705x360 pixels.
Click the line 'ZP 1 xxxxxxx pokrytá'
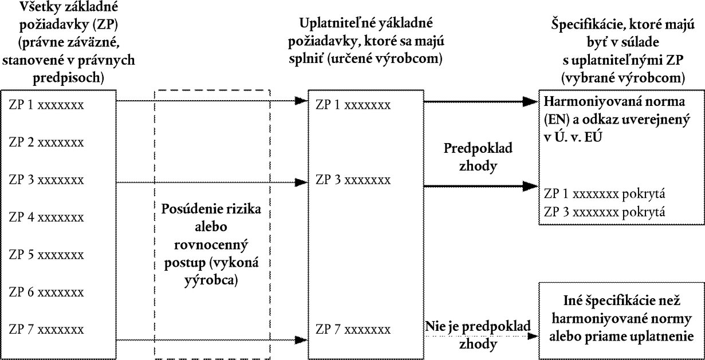click(605, 193)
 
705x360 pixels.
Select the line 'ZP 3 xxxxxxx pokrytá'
click(605, 212)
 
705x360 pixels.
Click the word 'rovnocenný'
click(211, 245)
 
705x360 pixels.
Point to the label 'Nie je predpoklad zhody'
click(478, 335)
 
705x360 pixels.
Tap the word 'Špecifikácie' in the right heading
click(588, 25)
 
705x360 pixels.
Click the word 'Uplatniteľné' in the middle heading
click(336, 23)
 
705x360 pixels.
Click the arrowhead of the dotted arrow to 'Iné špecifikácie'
click(533, 337)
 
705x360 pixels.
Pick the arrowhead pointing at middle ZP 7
click(301, 340)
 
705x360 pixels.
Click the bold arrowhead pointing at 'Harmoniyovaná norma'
click(530, 101)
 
